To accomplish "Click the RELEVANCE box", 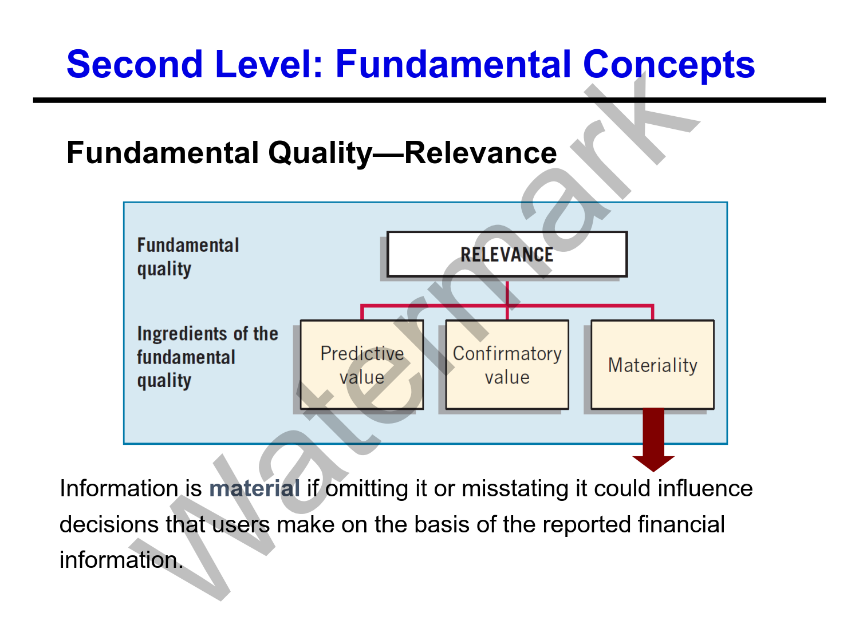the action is (x=507, y=254).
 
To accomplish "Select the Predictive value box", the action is (x=362, y=365).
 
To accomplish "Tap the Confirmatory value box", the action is (x=507, y=365).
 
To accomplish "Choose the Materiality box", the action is (x=652, y=365).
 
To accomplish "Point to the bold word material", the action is (x=254, y=489).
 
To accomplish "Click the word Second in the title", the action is (x=135, y=64).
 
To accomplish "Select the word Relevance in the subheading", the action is (x=480, y=153).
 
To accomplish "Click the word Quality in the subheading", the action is (x=320, y=153).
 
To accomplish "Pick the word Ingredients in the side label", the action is (x=184, y=334).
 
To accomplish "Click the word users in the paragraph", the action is (x=241, y=524).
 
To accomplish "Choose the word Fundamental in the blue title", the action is (x=453, y=64).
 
